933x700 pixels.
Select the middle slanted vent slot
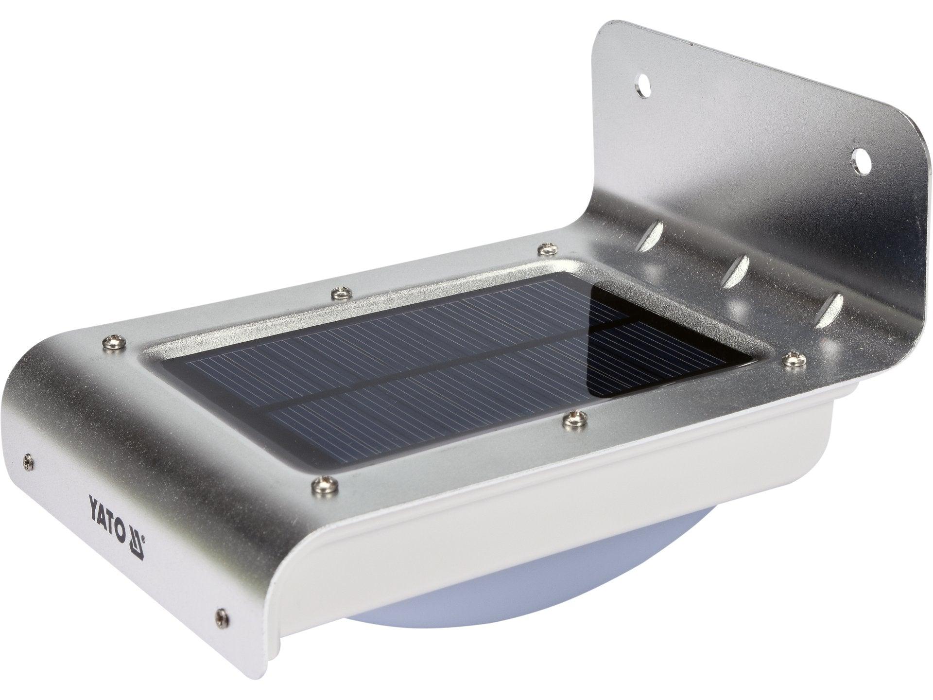tap(734, 267)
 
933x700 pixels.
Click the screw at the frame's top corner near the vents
tap(548, 250)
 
